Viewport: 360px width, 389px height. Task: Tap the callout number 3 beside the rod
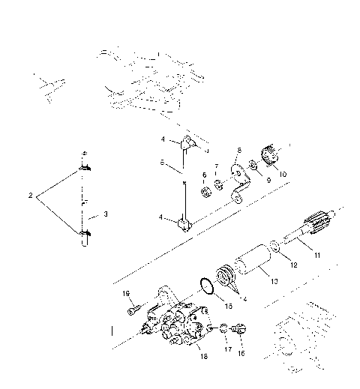pos(106,214)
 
